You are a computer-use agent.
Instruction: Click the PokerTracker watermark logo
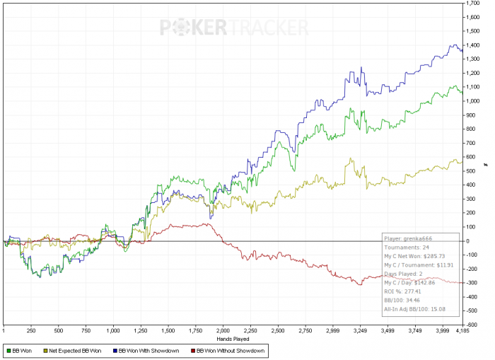click(x=233, y=28)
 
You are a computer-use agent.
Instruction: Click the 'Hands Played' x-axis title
click(x=233, y=339)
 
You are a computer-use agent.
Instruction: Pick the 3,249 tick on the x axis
click(x=360, y=330)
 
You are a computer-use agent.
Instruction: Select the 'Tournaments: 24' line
click(x=406, y=248)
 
